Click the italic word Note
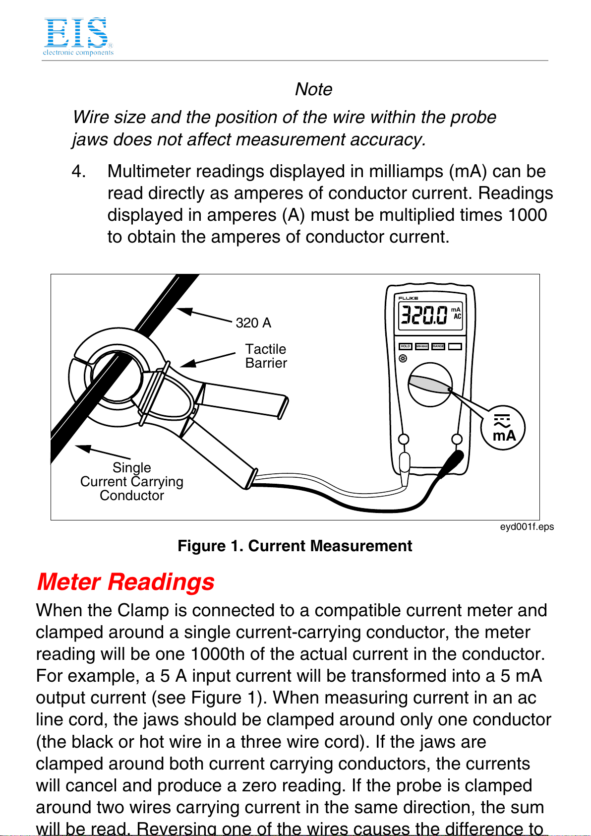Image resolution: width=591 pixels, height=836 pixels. pos(313,89)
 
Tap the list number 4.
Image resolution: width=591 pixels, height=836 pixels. pos(79,171)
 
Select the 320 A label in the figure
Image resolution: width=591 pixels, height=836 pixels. pos(253,323)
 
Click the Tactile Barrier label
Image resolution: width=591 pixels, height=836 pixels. pos(266,356)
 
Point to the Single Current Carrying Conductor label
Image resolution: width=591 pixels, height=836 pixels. pos(131,481)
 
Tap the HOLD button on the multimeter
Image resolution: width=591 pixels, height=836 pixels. pos(405,346)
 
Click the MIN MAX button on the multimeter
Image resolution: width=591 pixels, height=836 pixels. pos(422,346)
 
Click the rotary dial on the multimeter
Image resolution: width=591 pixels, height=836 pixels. pos(430,385)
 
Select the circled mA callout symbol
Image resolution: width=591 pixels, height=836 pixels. pos(503,428)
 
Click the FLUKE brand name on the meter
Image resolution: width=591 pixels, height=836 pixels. pos(408,298)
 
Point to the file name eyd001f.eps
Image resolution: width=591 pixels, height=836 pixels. pos(527,526)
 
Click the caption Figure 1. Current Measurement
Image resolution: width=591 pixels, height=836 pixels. pos(295,546)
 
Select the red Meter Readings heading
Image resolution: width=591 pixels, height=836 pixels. pos(125,582)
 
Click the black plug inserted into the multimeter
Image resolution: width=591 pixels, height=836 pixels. pos(451,463)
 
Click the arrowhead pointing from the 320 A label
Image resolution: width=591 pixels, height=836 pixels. pos(184,311)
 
